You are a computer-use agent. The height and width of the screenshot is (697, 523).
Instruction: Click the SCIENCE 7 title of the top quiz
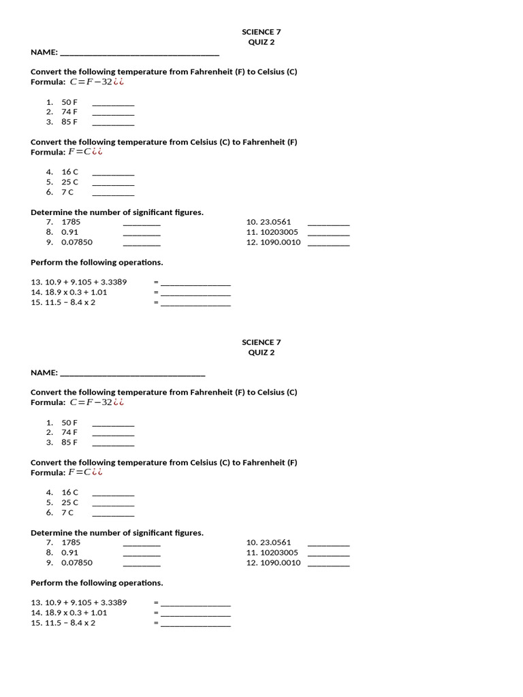coord(261,32)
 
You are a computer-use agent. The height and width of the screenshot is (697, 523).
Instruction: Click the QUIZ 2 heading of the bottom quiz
coord(261,353)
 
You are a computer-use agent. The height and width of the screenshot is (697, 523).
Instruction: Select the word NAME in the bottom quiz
coord(43,373)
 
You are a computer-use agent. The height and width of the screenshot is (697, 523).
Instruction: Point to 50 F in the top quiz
coord(69,102)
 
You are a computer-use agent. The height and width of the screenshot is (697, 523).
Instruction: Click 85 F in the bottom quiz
coord(69,442)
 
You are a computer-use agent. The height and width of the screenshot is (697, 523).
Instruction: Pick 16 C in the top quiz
coord(69,172)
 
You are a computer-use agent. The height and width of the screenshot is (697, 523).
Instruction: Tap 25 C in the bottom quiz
coord(69,502)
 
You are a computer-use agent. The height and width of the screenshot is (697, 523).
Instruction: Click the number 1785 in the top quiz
coord(71,222)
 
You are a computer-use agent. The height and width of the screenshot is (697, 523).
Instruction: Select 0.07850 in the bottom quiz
coord(77,563)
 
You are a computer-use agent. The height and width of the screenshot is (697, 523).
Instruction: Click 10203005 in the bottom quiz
coord(279,553)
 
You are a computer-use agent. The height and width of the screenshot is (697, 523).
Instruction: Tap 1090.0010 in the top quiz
coord(280,242)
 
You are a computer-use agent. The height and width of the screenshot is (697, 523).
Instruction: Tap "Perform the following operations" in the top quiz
coord(97,262)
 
